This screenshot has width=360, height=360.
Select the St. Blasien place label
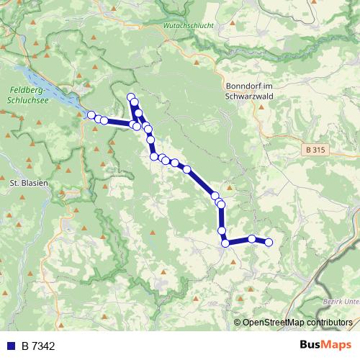[28, 183]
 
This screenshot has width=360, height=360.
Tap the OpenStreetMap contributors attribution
[297, 322]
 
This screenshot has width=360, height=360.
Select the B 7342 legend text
[38, 346]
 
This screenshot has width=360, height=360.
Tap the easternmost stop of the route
[269, 243]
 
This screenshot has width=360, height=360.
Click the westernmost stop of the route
[91, 115]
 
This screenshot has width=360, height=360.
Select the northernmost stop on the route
[131, 97]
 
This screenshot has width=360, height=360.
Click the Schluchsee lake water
[50, 86]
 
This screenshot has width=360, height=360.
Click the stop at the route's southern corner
[225, 243]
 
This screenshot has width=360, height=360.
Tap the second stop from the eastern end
[252, 239]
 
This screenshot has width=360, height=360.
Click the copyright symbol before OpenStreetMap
[238, 322]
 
